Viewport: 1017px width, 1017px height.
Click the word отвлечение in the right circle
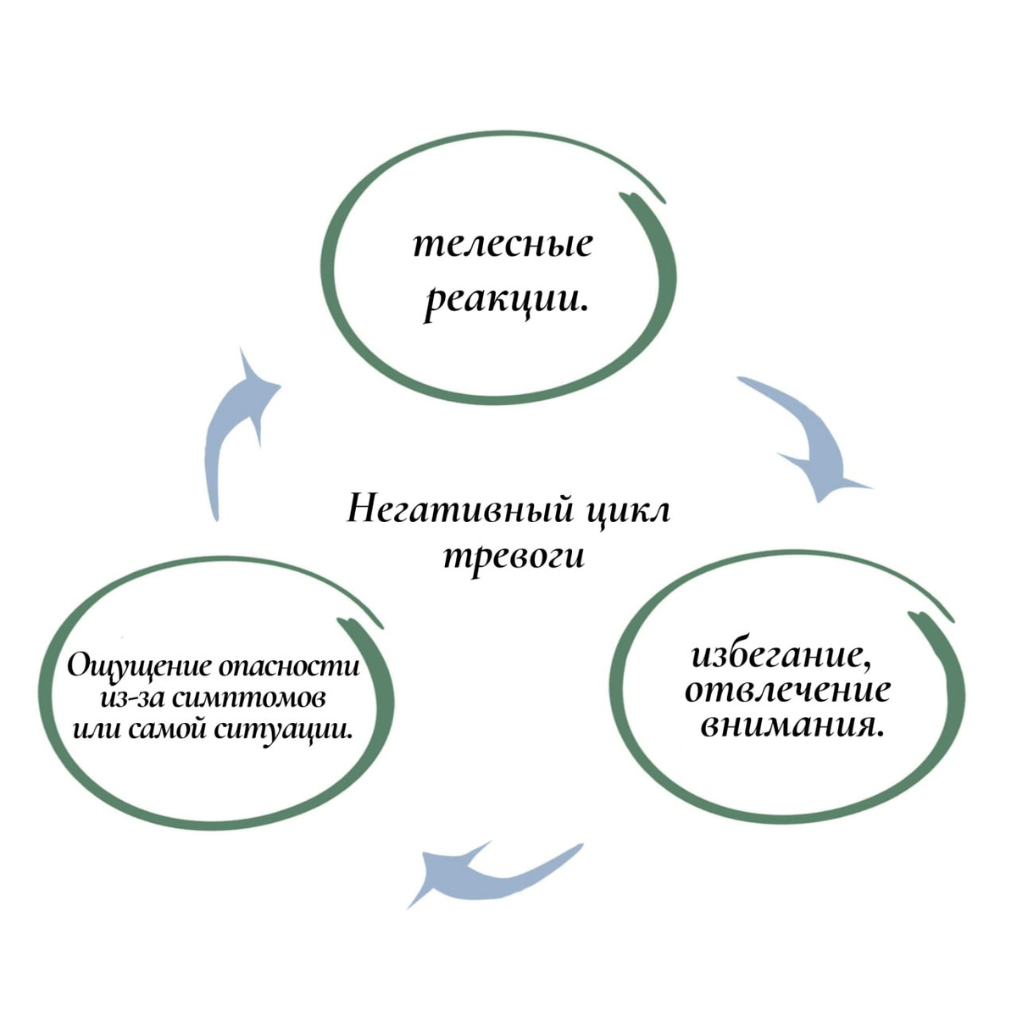(x=787, y=690)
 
